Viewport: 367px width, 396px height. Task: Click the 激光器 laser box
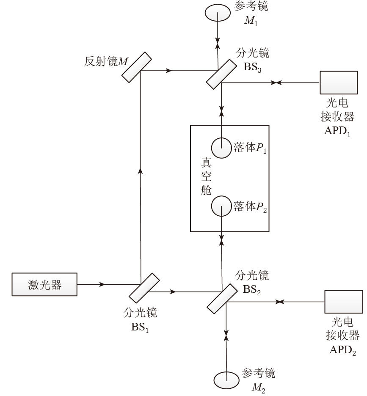point(44,284)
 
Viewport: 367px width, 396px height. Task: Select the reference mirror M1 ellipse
point(217,13)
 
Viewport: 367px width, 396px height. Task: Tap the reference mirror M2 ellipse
point(226,379)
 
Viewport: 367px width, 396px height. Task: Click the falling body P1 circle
point(221,148)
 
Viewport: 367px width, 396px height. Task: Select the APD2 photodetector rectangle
point(343,302)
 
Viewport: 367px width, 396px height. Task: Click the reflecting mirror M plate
point(137,67)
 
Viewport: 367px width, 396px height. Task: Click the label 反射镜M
point(106,62)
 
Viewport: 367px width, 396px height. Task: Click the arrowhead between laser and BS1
point(102,284)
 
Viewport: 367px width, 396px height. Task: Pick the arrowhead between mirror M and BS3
point(170,71)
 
